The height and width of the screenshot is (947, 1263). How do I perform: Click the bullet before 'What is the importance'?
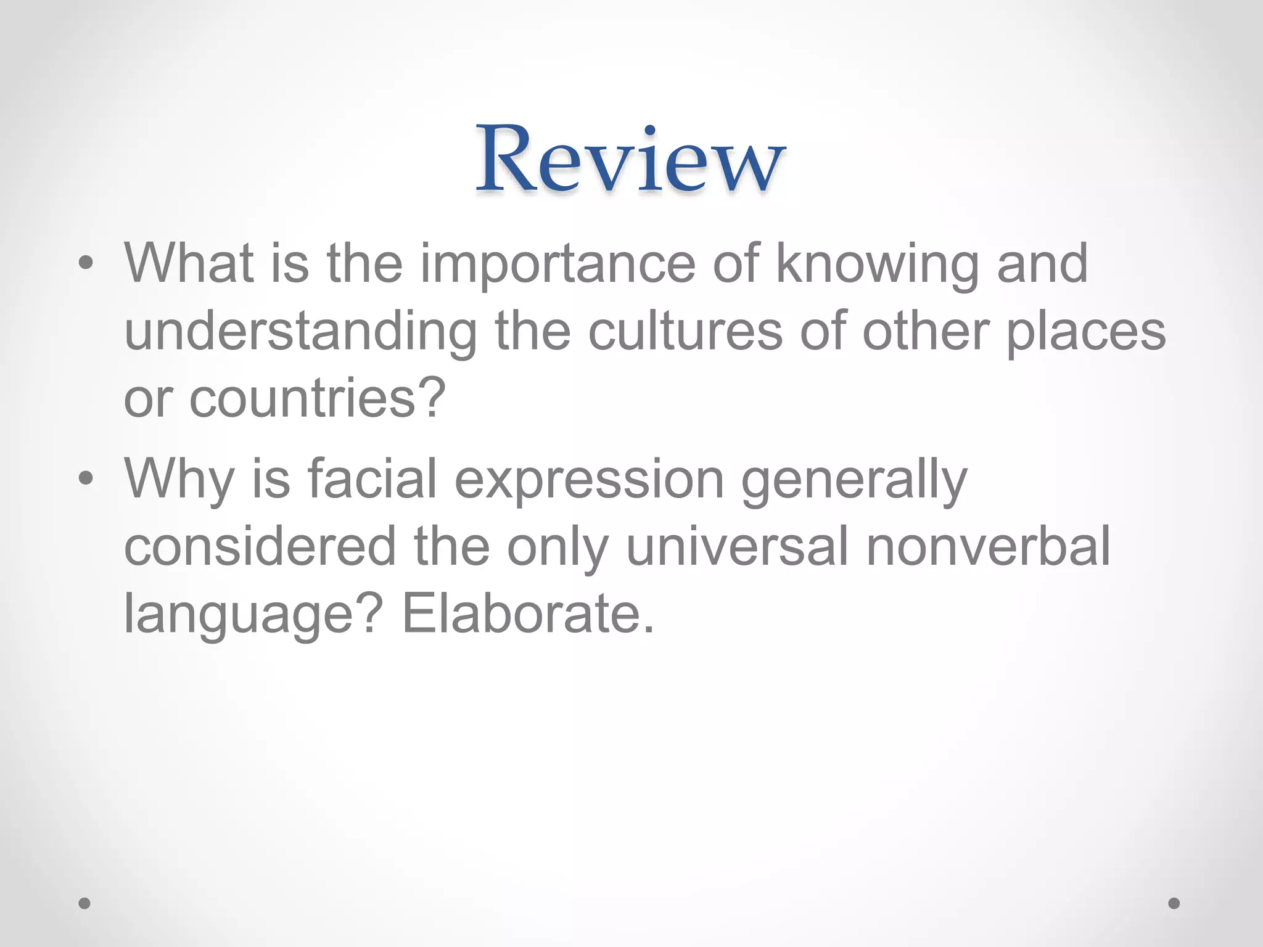(86, 264)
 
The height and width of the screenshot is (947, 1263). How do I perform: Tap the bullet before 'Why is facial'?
(86, 478)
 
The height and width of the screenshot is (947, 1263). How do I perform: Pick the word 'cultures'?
(685, 332)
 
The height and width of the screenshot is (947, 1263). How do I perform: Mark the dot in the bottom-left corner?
(85, 903)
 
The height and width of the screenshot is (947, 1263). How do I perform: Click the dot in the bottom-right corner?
(1174, 903)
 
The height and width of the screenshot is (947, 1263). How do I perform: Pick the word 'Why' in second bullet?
(179, 480)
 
